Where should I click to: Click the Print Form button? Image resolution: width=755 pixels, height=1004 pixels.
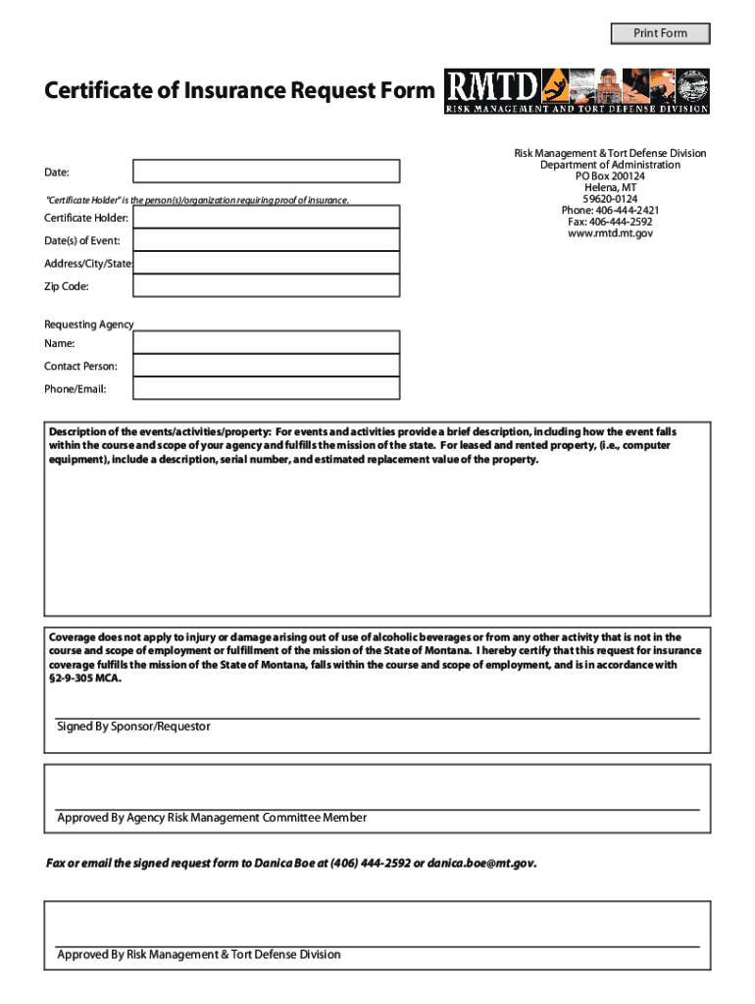660,33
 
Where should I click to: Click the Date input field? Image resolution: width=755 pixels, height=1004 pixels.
267,172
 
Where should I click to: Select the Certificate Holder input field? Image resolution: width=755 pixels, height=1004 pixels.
267,217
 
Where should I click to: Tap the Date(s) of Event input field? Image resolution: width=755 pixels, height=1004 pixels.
267,240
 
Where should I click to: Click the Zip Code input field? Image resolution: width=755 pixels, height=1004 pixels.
267,285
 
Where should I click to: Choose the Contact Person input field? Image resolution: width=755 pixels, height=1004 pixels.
267,366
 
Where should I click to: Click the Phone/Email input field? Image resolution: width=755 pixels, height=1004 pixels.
267,388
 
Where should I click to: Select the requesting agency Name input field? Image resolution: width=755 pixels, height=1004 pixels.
267,342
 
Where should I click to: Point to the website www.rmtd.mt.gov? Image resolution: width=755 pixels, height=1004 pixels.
611,233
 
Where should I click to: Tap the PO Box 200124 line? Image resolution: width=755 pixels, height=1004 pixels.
610,176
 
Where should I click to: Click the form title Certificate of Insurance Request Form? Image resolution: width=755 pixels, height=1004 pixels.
238,91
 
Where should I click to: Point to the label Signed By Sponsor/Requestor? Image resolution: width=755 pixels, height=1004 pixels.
133,727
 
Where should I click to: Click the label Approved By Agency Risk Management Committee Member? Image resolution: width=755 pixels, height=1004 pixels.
212,818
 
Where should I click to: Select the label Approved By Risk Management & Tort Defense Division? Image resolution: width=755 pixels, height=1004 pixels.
199,954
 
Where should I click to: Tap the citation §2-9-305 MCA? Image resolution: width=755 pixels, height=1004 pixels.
86,678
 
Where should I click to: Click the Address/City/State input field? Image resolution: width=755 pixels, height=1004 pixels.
267,263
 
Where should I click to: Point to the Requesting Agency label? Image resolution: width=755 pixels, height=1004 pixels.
89,325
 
